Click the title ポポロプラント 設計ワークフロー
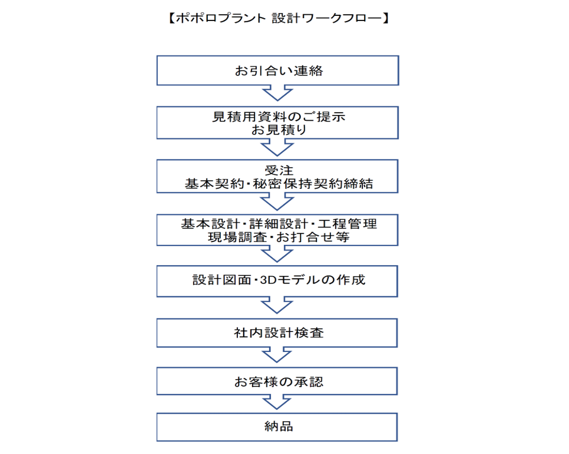tap(279, 18)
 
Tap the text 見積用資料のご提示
tap(279, 117)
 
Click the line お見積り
tap(279, 130)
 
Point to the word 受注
tap(279, 170)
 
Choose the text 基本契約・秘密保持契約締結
tap(279, 184)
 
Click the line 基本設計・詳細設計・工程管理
tap(279, 224)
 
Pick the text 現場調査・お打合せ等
tap(279, 237)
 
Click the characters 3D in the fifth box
tap(269, 280)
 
